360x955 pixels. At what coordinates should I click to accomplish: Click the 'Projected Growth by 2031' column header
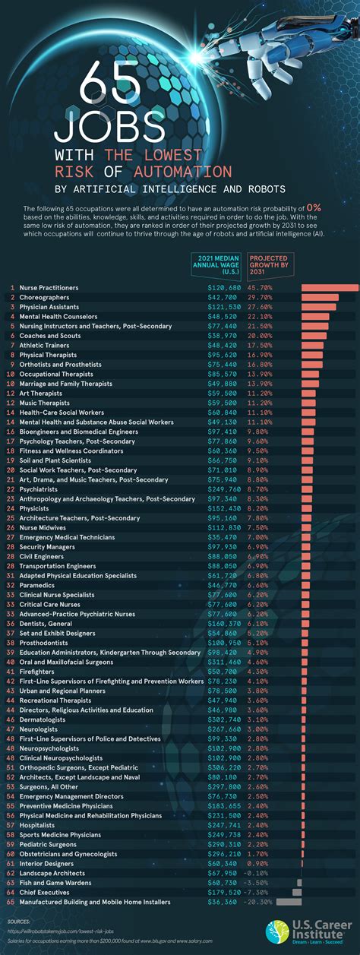268,267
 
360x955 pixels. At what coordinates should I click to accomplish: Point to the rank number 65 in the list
10,902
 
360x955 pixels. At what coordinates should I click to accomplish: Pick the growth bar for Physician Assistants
318,307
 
